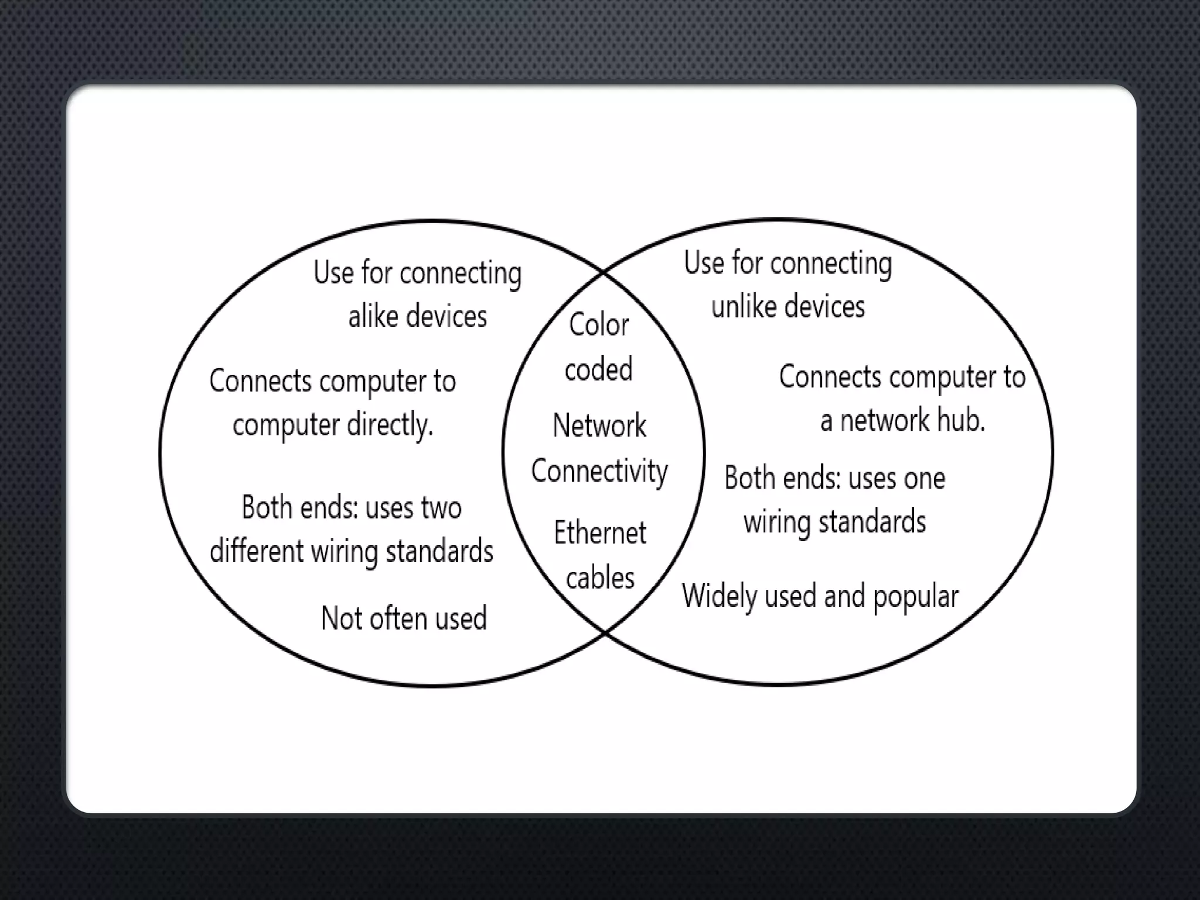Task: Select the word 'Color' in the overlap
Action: (599, 325)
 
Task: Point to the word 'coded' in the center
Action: (598, 369)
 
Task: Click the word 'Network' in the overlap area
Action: (599, 425)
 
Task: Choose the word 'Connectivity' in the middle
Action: (599, 471)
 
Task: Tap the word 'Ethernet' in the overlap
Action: (600, 533)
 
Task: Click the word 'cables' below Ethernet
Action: (600, 578)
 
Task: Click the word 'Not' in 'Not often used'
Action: (341, 619)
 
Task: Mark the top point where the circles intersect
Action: (604, 272)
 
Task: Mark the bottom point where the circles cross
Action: (605, 632)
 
